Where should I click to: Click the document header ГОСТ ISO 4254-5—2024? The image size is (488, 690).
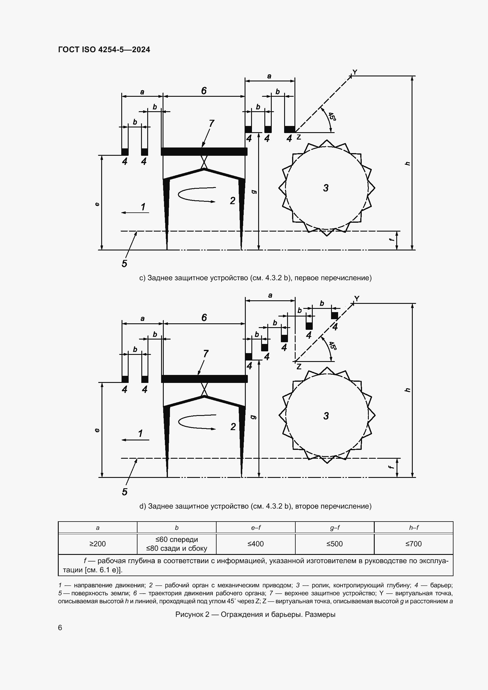coord(104,50)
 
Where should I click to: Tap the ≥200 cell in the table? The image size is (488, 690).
coord(97,544)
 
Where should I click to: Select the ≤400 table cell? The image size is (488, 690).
coord(256,544)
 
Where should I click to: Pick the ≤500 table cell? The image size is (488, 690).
coord(335,544)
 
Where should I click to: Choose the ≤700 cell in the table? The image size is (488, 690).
coord(413,544)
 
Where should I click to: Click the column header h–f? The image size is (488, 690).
coord(413,527)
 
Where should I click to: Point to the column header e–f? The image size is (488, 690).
coord(256,527)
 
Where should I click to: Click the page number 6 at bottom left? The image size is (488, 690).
coord(60,627)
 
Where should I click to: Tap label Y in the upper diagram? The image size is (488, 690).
coord(355,72)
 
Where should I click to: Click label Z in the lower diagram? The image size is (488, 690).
coord(299,367)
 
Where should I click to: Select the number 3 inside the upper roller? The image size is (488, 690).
coord(326,188)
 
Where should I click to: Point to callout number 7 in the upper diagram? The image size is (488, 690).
coord(212,123)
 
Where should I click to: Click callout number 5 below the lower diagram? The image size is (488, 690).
coord(125,492)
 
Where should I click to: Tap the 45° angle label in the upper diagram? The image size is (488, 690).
coord(332,117)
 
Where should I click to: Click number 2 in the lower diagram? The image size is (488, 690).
coord(233,427)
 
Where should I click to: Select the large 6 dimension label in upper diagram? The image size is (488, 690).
coord(204,91)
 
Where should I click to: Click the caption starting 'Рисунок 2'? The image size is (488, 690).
coord(255,614)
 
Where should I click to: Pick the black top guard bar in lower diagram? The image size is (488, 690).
coord(204,379)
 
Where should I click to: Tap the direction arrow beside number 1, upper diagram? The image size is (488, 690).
coord(135,212)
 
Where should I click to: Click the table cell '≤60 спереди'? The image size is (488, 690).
coord(176,540)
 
